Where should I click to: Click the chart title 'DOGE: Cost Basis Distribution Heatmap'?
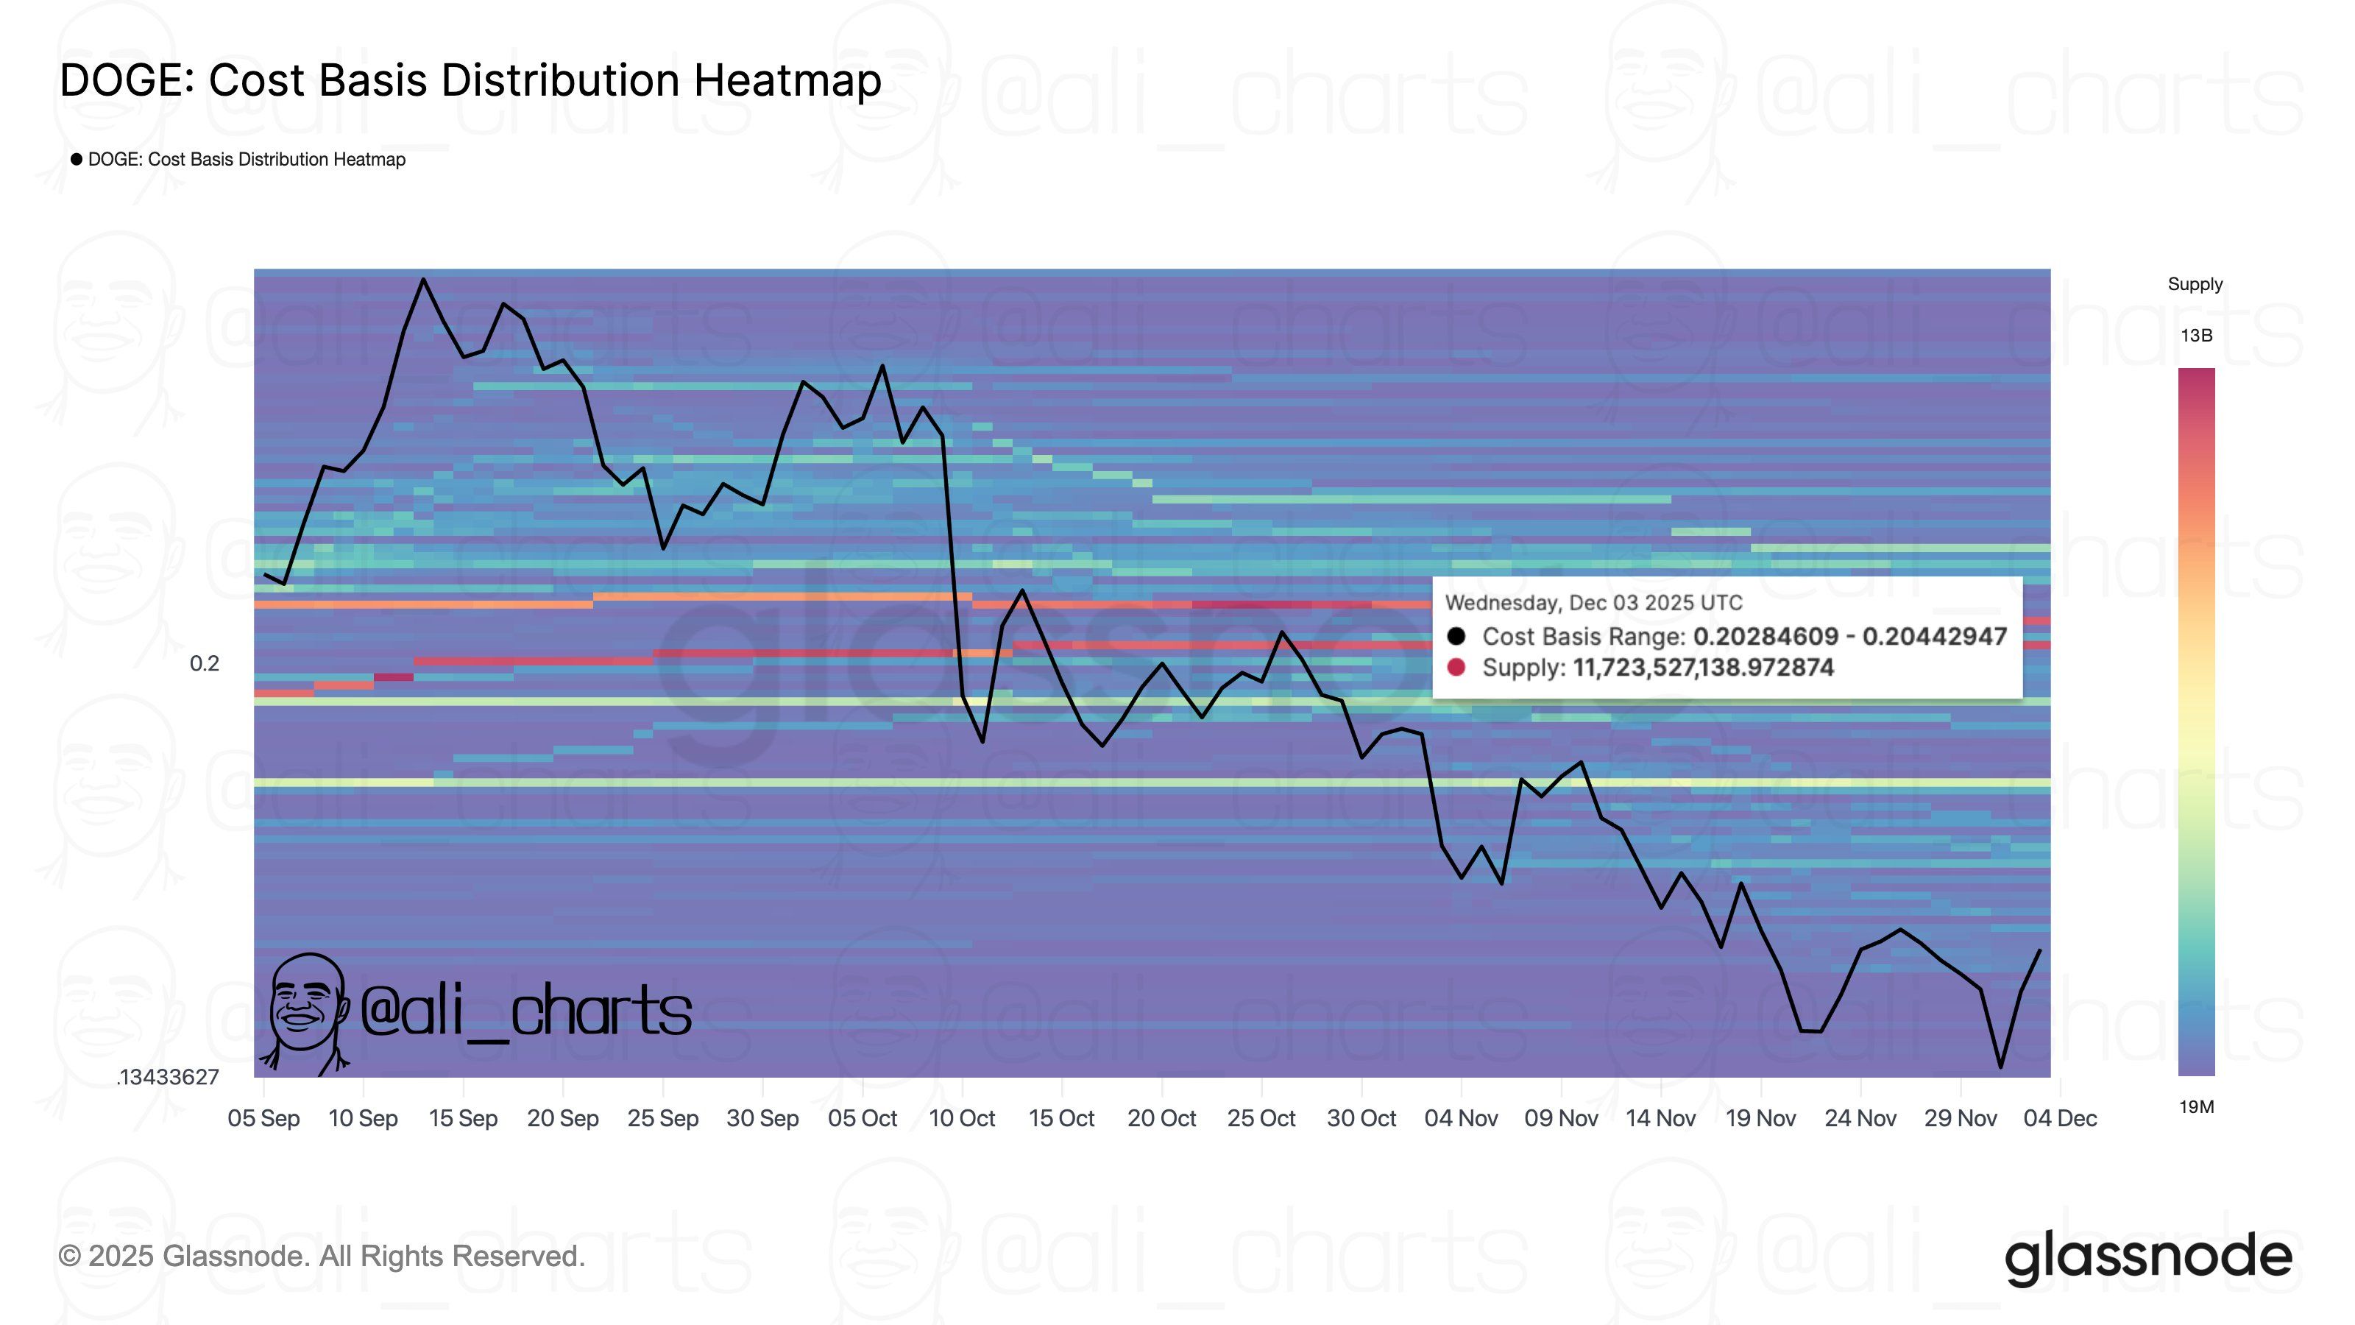pyautogui.click(x=470, y=80)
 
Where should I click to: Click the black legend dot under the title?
pyautogui.click(x=77, y=159)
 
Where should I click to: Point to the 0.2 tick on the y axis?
pyautogui.click(x=204, y=664)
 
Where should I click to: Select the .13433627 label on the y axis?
pyautogui.click(x=169, y=1077)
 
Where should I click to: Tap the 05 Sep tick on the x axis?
pyautogui.click(x=263, y=1118)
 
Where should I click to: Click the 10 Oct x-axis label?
pyautogui.click(x=962, y=1118)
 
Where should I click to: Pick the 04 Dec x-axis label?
pyautogui.click(x=2060, y=1118)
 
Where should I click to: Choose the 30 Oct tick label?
pyautogui.click(x=1361, y=1118)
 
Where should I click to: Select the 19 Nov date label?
pyautogui.click(x=1760, y=1118)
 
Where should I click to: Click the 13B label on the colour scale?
pyautogui.click(x=2196, y=336)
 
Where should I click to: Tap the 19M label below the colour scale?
pyautogui.click(x=2196, y=1107)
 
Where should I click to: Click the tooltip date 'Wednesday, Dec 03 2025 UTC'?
pyautogui.click(x=1593, y=604)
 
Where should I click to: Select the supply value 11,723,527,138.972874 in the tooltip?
pyautogui.click(x=1702, y=668)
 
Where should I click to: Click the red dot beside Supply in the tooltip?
pyautogui.click(x=1456, y=668)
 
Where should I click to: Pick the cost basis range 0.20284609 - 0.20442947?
pyautogui.click(x=1849, y=637)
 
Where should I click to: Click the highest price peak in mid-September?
pyautogui.click(x=423, y=279)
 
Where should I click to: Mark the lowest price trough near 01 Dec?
pyautogui.click(x=2000, y=1066)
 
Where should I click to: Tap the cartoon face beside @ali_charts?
pyautogui.click(x=306, y=1011)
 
